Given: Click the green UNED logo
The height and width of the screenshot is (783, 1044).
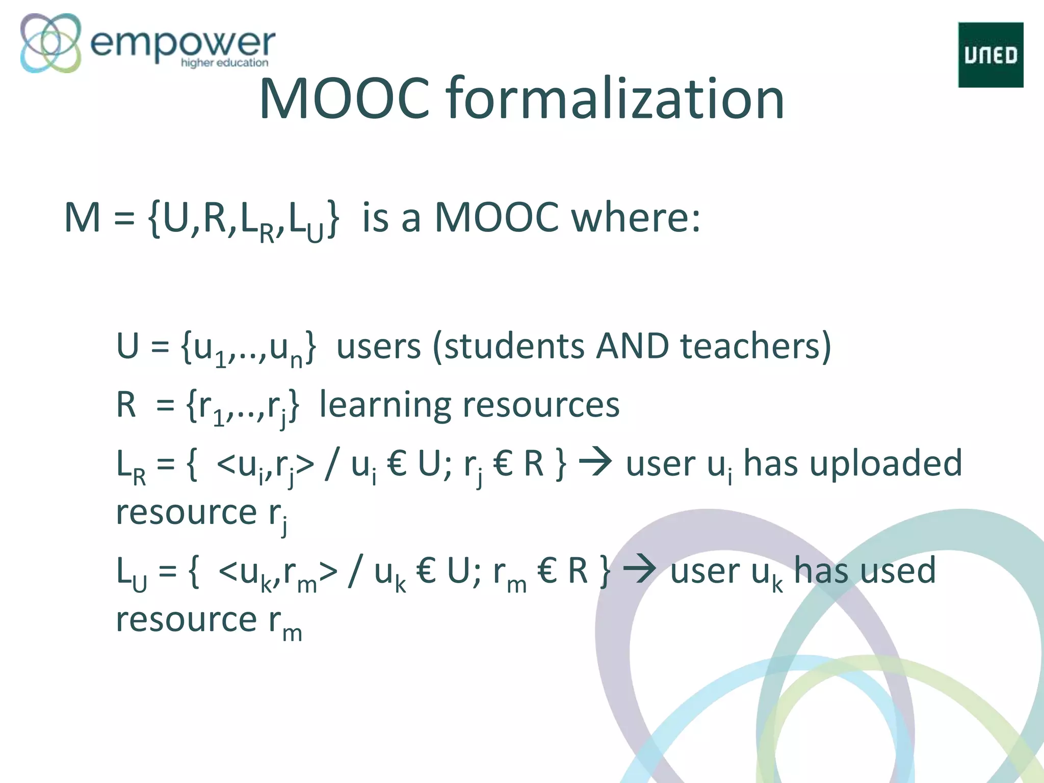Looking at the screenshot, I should [990, 55].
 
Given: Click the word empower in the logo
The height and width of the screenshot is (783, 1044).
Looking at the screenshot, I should [182, 43].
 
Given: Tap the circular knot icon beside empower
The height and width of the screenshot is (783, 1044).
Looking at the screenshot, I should [50, 43].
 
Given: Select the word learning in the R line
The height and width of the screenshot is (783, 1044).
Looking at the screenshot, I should [385, 406].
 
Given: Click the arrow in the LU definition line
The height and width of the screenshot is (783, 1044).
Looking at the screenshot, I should [640, 569].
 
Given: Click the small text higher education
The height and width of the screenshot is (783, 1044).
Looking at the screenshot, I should [224, 63].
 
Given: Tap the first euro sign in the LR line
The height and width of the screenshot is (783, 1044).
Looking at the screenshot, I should [397, 464].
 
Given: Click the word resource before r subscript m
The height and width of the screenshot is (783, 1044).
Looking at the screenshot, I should [186, 620].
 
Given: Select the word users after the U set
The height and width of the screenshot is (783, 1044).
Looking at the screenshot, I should [379, 347].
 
